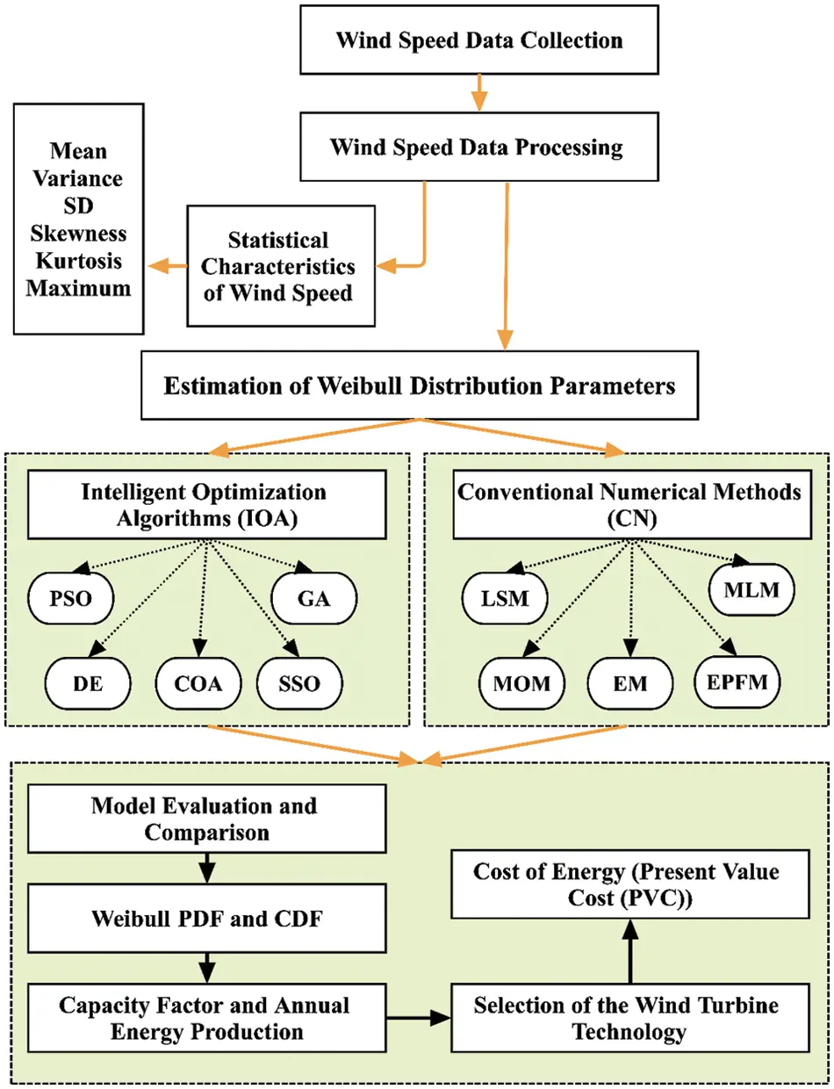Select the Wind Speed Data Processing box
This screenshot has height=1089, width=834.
477,147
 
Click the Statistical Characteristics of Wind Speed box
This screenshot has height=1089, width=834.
278,266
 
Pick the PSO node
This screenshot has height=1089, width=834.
68,601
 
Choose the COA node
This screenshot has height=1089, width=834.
201,684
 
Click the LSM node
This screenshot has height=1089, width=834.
504,601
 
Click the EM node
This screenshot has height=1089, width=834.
629,684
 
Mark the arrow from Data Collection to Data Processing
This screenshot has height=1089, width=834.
478,92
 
